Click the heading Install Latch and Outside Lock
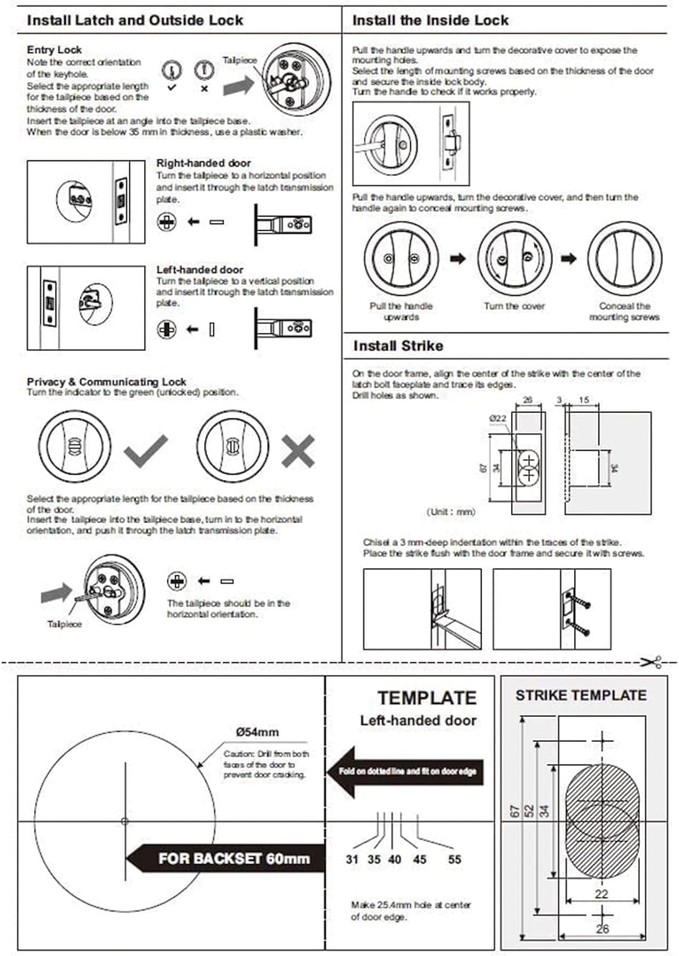click(x=134, y=20)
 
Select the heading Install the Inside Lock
click(x=430, y=20)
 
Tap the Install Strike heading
click(x=398, y=346)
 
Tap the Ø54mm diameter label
click(x=257, y=732)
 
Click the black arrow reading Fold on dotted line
click(x=406, y=771)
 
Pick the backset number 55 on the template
click(x=454, y=859)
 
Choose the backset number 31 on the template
click(x=352, y=859)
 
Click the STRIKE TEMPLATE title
click(x=580, y=695)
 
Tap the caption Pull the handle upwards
click(x=401, y=311)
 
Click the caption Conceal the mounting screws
click(x=624, y=311)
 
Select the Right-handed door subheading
click(x=203, y=163)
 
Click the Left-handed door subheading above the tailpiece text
click(x=199, y=270)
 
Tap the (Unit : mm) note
click(x=450, y=512)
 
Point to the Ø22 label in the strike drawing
click(x=497, y=418)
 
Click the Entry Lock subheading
click(x=54, y=50)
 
